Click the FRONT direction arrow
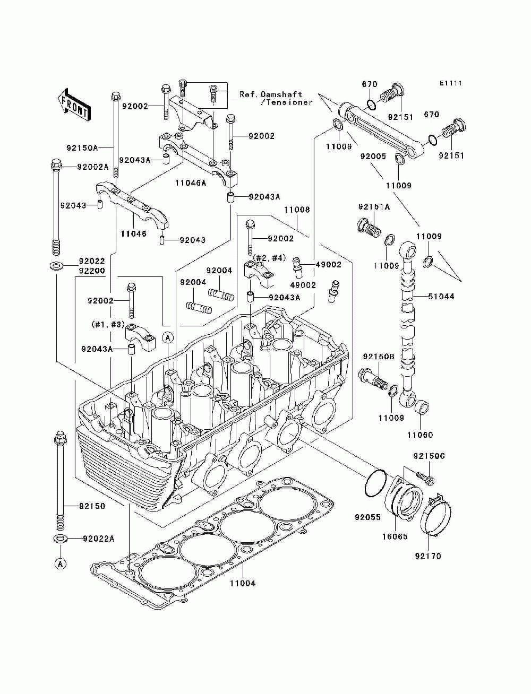click(74, 105)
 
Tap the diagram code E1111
click(450, 83)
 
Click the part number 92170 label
click(428, 556)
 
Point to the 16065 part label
click(395, 536)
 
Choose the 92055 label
click(367, 517)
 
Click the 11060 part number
click(420, 435)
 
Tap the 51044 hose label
click(441, 297)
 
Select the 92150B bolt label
click(379, 357)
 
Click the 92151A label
click(374, 207)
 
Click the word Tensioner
click(287, 102)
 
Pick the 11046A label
click(191, 183)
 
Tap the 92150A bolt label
click(82, 148)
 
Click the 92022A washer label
click(98, 539)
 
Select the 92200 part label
click(92, 271)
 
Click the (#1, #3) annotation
click(108, 324)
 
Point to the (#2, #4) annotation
click(269, 258)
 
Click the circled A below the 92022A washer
click(61, 563)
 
